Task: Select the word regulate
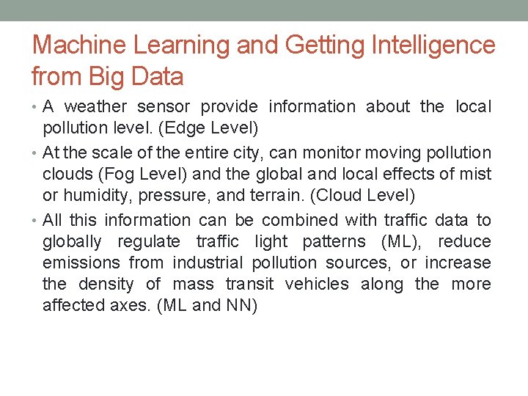[150, 242]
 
